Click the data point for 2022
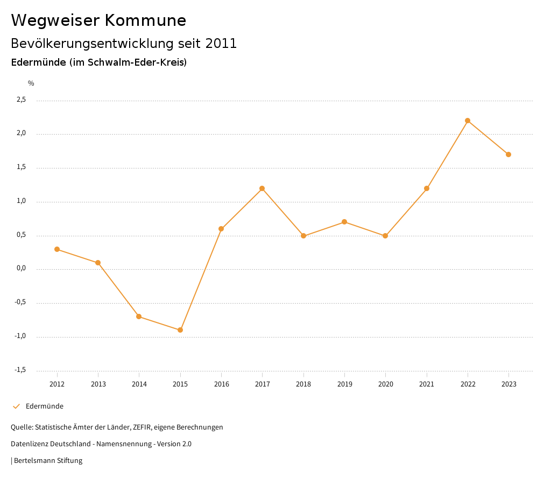pyautogui.click(x=468, y=121)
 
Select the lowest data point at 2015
pyautogui.click(x=180, y=330)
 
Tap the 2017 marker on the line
pyautogui.click(x=262, y=188)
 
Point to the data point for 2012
pyautogui.click(x=57, y=249)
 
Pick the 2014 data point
pyautogui.click(x=139, y=317)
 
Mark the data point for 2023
pyautogui.click(x=508, y=154)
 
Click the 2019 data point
pyautogui.click(x=344, y=222)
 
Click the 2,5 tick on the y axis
pyautogui.click(x=21, y=100)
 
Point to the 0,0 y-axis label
pyautogui.click(x=21, y=269)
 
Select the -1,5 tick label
pyautogui.click(x=20, y=370)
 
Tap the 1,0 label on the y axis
pyautogui.click(x=21, y=201)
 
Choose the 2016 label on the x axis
pyautogui.click(x=221, y=384)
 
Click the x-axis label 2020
pyautogui.click(x=385, y=384)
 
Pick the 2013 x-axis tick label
pyautogui.click(x=98, y=384)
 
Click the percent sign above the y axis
pyautogui.click(x=31, y=83)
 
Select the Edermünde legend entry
pyautogui.click(x=44, y=406)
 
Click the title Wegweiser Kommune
pyautogui.click(x=98, y=20)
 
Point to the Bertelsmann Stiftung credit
pyautogui.click(x=48, y=461)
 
